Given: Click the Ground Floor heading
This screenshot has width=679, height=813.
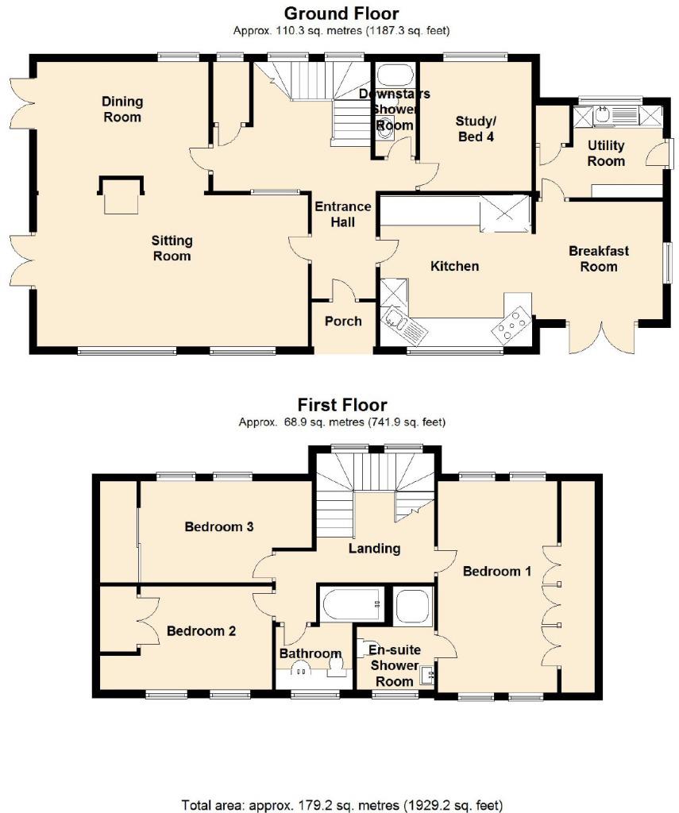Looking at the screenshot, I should click(341, 13).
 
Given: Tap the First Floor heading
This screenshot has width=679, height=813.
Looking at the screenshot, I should click(342, 405).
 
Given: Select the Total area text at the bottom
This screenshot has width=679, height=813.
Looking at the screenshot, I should click(341, 804).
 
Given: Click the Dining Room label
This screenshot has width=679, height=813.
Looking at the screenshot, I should click(122, 110).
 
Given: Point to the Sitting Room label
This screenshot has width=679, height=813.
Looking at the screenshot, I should click(172, 248).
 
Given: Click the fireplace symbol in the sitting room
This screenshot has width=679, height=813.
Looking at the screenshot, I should click(122, 195).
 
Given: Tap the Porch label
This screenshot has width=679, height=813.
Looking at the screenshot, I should click(343, 322).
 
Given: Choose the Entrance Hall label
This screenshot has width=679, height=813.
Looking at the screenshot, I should click(343, 214).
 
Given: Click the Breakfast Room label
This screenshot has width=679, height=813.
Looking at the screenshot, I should click(599, 259).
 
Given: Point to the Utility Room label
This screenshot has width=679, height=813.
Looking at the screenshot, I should click(606, 153).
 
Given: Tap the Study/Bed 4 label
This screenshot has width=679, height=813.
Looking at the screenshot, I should click(476, 129).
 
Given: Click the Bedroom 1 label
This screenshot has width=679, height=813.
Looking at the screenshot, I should click(497, 571).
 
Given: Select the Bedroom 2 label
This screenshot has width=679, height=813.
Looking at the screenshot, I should click(201, 631).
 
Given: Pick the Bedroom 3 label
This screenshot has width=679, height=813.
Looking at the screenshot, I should click(218, 526).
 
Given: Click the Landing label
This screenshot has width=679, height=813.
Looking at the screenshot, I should click(375, 548).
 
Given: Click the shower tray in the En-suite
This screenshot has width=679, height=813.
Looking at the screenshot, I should click(412, 607).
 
